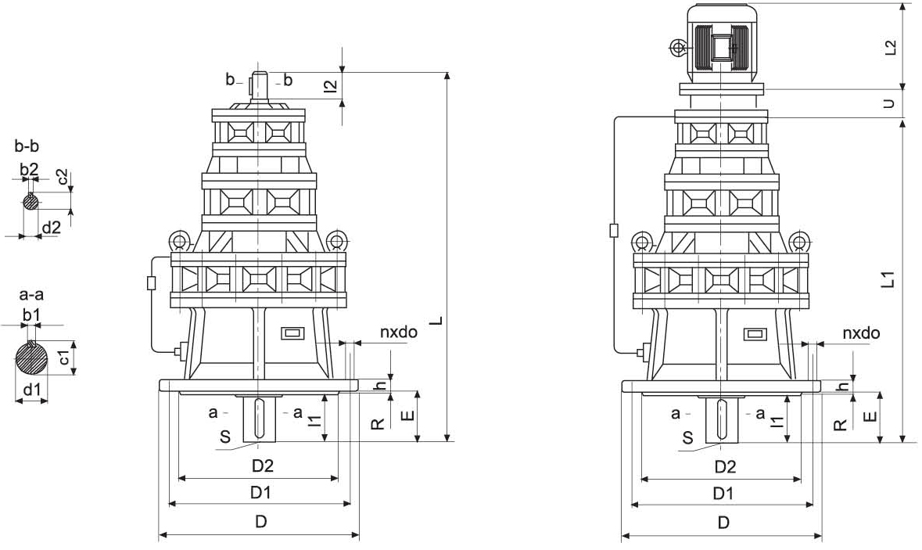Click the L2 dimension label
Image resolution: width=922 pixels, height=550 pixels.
890,47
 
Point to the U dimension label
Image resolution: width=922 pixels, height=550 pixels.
890,102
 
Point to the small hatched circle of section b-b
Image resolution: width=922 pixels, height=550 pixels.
30,202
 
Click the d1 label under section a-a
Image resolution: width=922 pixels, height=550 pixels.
31,389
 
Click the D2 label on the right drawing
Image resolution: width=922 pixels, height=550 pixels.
725,467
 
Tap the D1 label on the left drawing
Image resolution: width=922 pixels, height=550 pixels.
260,493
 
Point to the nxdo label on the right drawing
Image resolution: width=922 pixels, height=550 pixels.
861,333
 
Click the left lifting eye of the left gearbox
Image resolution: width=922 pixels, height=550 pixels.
179,240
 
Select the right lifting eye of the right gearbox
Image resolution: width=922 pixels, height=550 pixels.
799,240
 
